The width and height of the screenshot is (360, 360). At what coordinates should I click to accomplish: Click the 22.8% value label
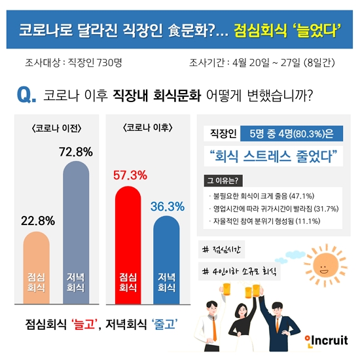point(40,220)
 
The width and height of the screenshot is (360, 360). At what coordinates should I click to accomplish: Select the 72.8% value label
point(76,152)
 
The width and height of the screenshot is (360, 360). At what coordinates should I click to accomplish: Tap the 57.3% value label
point(130,177)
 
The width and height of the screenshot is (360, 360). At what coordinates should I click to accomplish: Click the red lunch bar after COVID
point(129,242)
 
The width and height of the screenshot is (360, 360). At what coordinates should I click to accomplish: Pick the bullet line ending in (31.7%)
point(271,209)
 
